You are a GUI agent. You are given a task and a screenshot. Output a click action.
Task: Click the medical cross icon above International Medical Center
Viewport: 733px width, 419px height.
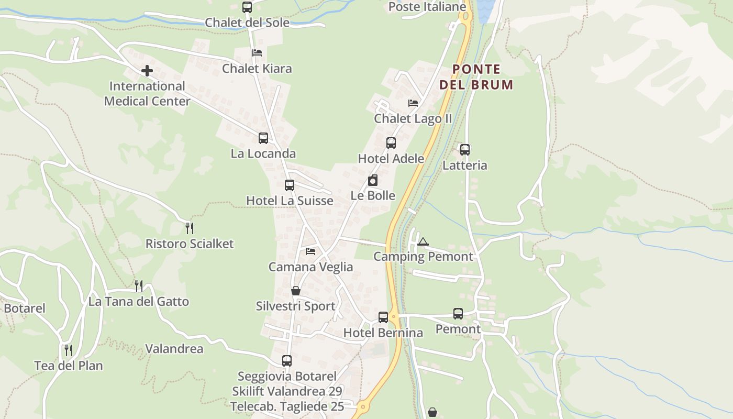point(147,70)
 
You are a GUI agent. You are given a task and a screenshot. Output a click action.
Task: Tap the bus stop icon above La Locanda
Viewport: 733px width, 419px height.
point(263,138)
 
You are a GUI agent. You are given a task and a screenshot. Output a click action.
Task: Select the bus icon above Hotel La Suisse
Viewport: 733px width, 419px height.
point(290,185)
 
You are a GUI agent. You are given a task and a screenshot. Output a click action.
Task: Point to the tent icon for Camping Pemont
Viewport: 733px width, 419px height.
point(423,241)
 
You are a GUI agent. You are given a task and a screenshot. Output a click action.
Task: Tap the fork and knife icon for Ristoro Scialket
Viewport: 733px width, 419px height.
point(190,228)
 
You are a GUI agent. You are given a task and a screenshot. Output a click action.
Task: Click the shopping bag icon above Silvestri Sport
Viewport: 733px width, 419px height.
point(296,291)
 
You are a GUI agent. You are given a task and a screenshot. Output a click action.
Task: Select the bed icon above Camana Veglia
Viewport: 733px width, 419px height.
point(310,251)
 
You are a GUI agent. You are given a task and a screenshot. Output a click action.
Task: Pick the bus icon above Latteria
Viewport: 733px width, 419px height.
point(464,150)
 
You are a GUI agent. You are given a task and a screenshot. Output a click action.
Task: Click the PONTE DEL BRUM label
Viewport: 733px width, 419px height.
point(476,77)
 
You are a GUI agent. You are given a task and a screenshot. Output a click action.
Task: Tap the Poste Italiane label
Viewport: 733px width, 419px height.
point(427,7)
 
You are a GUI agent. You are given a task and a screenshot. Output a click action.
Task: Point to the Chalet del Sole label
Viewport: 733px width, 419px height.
point(247,23)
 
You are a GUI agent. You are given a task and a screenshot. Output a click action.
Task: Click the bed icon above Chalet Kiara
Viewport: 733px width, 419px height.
point(257,53)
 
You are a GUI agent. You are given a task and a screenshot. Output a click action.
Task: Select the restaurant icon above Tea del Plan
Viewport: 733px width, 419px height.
point(69,350)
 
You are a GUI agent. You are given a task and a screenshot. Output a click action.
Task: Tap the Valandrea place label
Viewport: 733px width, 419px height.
point(174,349)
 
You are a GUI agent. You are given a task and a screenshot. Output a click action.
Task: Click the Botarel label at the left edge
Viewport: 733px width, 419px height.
point(25,308)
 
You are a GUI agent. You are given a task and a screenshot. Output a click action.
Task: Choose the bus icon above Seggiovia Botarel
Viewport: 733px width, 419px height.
point(286,361)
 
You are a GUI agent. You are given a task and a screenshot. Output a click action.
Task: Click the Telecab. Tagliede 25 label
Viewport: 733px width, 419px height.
point(287,406)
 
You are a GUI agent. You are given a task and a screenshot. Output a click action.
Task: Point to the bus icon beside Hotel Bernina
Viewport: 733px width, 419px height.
point(383,317)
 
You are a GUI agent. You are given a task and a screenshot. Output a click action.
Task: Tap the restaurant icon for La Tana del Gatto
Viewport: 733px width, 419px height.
point(139,286)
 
